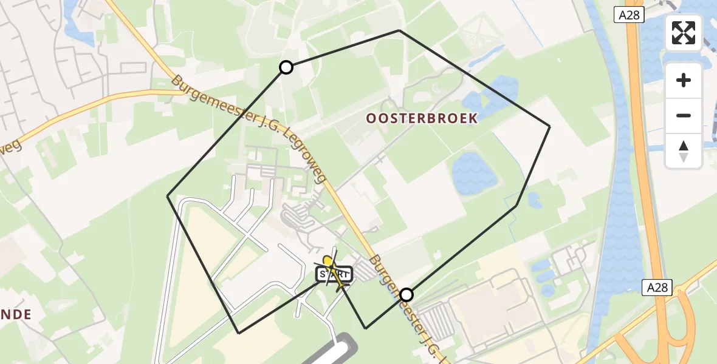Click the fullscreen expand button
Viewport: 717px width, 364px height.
pos(684,33)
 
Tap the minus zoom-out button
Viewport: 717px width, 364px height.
pos(684,115)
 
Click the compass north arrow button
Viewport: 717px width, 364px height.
pos(684,150)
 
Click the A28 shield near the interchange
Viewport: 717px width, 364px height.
pos(657,288)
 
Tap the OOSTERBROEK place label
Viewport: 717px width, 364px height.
pos(421,118)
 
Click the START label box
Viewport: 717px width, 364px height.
pos(334,275)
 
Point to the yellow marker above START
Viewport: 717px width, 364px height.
pos(328,261)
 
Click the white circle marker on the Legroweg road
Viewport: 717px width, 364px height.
pos(407,295)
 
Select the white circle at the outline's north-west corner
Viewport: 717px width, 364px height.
pos(286,67)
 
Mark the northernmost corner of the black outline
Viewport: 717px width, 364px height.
pos(399,30)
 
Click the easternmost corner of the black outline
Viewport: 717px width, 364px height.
pos(549,126)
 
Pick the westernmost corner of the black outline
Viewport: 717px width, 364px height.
pos(168,196)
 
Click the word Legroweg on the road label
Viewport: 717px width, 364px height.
pos(307,162)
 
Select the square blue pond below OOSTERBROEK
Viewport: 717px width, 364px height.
pos(474,172)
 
